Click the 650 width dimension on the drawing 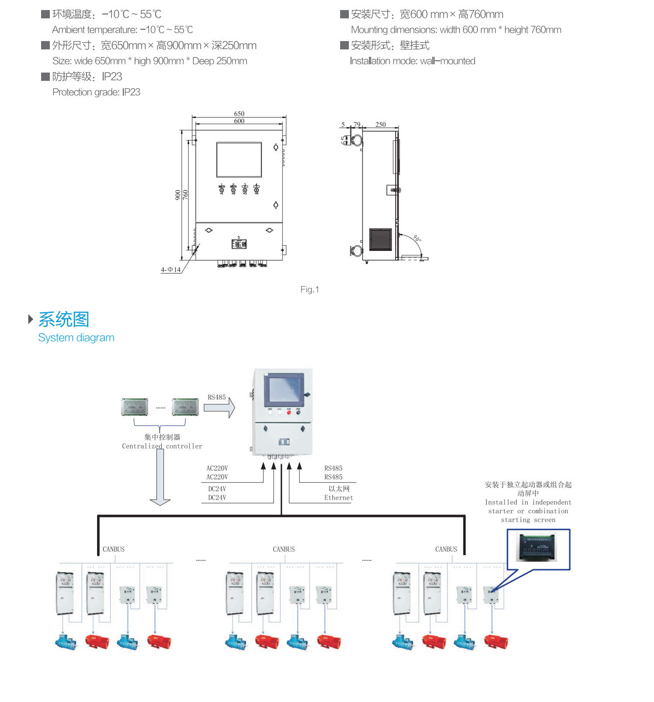[x=239, y=114]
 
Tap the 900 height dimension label [x=177, y=195]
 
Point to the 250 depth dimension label [x=380, y=125]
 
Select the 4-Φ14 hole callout [x=170, y=270]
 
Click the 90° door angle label [x=417, y=239]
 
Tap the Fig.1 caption [x=310, y=289]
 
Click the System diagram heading [x=76, y=337]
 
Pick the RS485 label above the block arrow [x=217, y=397]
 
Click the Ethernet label [x=338, y=497]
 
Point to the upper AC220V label [x=217, y=468]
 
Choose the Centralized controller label [x=162, y=446]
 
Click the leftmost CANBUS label [x=114, y=549]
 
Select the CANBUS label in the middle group [x=284, y=549]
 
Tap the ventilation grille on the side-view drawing [x=381, y=239]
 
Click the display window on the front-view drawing [x=239, y=160]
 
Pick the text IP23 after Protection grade [x=131, y=92]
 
